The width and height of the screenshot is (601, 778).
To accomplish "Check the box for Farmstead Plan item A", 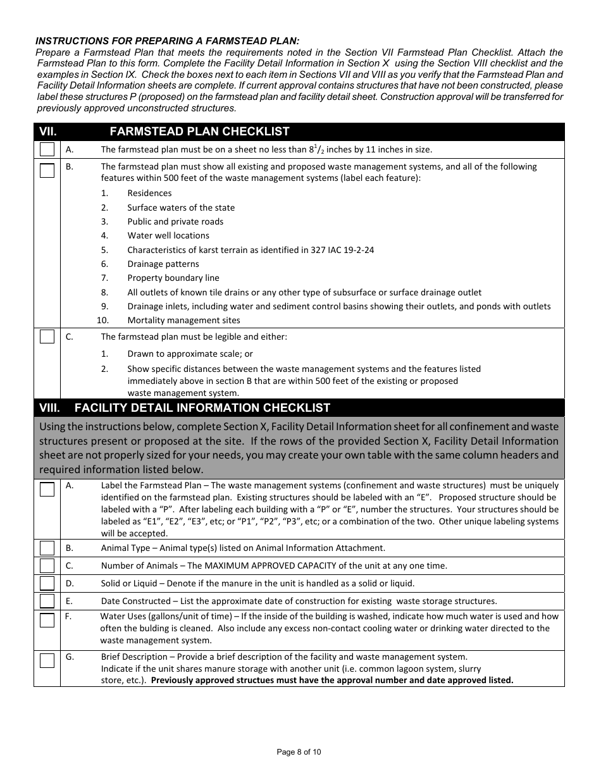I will tap(47, 150).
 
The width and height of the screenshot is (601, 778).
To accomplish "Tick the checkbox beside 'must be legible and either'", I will tap(47, 337).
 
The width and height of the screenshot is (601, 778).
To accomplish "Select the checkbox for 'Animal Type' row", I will tap(47, 548).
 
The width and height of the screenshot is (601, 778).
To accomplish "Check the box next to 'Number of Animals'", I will tap(47, 565).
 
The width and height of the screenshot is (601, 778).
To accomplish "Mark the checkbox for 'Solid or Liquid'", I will tap(47, 583).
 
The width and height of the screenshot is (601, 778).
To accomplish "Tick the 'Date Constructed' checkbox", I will tap(47, 601).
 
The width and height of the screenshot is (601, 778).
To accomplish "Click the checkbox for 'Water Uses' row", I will tap(47, 620).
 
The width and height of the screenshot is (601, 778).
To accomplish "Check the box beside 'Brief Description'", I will tap(47, 661).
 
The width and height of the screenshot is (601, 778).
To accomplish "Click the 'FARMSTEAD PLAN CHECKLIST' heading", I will tap(199, 132).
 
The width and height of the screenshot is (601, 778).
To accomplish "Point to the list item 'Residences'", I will tap(149, 193).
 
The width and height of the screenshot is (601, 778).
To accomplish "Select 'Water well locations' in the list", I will tap(168, 235).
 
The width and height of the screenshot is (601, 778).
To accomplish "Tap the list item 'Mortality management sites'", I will tap(183, 320).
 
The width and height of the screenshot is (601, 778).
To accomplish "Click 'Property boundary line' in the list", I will tap(173, 278).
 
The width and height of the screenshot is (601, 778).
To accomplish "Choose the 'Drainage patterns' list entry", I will tap(163, 264).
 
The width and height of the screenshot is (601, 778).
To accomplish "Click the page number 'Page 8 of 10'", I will tap(299, 752).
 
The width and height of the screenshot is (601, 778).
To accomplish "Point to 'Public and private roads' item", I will tap(175, 221).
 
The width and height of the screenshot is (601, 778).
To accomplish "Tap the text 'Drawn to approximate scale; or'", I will tap(190, 354).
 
